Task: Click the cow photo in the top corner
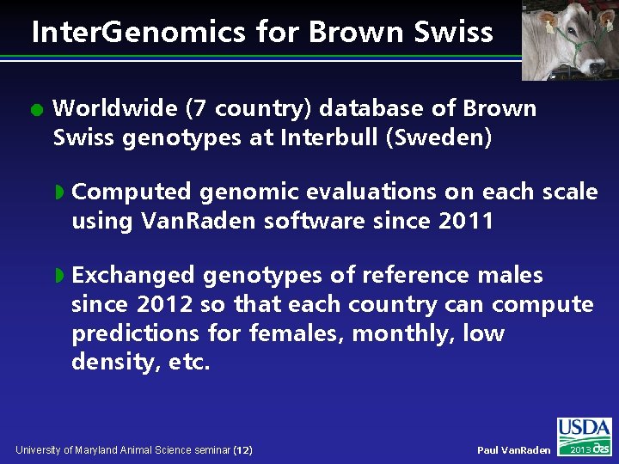click(569, 40)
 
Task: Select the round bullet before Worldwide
click(34, 110)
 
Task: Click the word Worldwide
click(113, 109)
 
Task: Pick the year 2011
click(466, 221)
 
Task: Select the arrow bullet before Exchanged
click(59, 276)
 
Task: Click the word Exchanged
click(133, 276)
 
